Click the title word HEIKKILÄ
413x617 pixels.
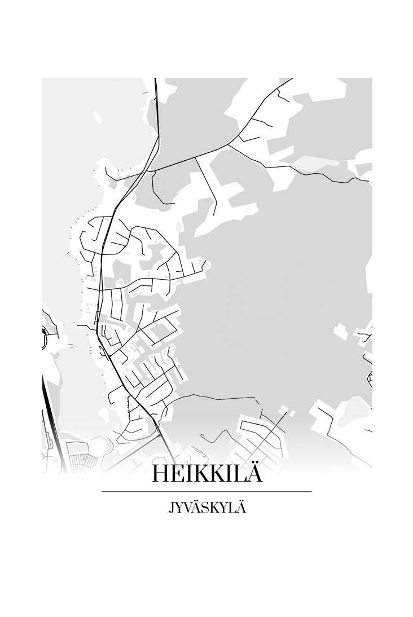click(x=206, y=474)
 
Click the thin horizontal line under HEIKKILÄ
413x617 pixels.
click(x=206, y=492)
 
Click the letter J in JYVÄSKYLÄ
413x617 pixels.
click(x=170, y=508)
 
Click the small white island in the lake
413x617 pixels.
click(x=96, y=118)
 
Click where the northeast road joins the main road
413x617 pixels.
click(x=152, y=171)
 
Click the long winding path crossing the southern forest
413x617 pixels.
click(x=214, y=398)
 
